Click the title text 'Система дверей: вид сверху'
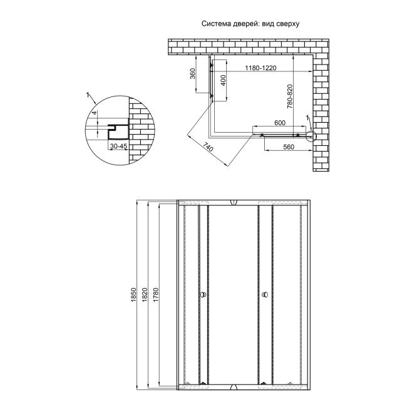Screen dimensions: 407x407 [250, 24]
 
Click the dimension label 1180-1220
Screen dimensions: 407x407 [260, 68]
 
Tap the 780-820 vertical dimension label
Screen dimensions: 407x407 [290, 96]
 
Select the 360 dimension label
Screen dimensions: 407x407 [192, 74]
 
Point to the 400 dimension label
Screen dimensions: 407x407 [224, 80]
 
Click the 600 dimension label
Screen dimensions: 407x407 [280, 123]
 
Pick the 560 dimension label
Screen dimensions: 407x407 [289, 147]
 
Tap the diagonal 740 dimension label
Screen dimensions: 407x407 [208, 147]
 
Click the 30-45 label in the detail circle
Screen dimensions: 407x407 [118, 146]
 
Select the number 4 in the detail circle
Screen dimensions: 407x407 [95, 113]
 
